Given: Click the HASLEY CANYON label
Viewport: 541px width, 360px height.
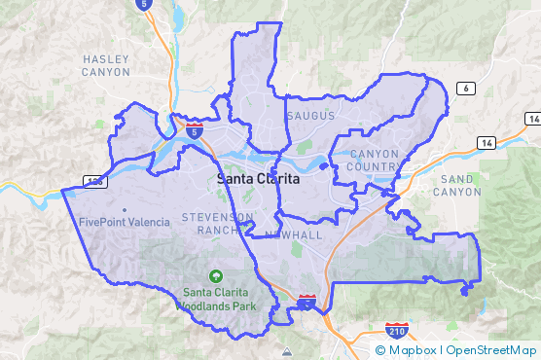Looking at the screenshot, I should [x=106, y=66].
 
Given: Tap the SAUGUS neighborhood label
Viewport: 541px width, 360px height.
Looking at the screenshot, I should [x=311, y=116].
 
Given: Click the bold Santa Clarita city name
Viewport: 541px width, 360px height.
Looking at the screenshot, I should [x=258, y=180].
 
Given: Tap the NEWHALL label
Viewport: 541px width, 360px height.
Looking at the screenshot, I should [x=293, y=235].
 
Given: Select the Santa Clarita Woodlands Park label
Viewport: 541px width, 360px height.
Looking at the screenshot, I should [x=215, y=298].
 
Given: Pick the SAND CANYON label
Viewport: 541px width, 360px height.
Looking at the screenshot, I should [x=461, y=186].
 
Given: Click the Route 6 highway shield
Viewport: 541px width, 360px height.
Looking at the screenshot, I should [x=468, y=89].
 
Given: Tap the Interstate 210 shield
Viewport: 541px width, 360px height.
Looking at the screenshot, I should [x=396, y=331].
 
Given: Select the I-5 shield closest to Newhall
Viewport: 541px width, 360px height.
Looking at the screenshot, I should [x=307, y=304].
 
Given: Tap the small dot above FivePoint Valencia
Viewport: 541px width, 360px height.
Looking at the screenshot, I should [x=125, y=209].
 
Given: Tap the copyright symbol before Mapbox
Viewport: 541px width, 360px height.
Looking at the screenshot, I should [x=380, y=350].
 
